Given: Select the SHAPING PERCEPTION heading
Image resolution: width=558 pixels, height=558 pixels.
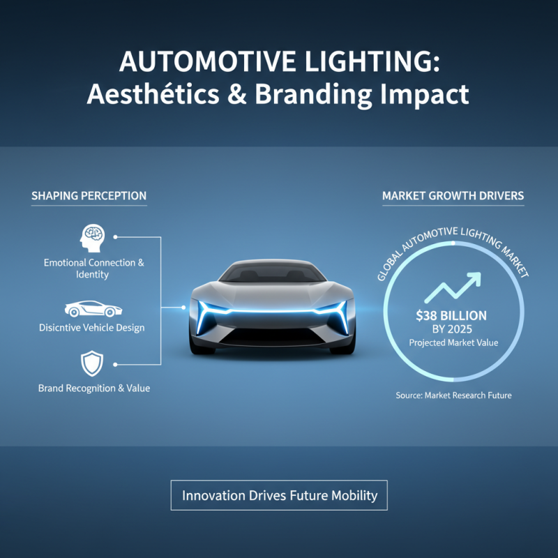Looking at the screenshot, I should (x=89, y=196).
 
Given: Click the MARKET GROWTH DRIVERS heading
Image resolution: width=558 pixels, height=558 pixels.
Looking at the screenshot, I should (x=453, y=196).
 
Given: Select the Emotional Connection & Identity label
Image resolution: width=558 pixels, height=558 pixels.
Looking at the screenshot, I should (x=94, y=269).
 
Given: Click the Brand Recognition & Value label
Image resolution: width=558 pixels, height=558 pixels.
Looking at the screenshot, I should (x=94, y=388).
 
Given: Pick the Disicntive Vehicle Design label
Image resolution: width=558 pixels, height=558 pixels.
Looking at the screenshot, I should (x=94, y=328).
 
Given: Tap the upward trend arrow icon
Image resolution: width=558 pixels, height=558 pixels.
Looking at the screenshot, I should (x=454, y=287).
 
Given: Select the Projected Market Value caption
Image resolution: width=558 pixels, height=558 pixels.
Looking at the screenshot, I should (x=454, y=343).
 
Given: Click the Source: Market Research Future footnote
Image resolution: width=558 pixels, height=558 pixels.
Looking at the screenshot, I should (x=454, y=395).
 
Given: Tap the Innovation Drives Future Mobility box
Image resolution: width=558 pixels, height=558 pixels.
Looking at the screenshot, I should (x=279, y=496).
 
